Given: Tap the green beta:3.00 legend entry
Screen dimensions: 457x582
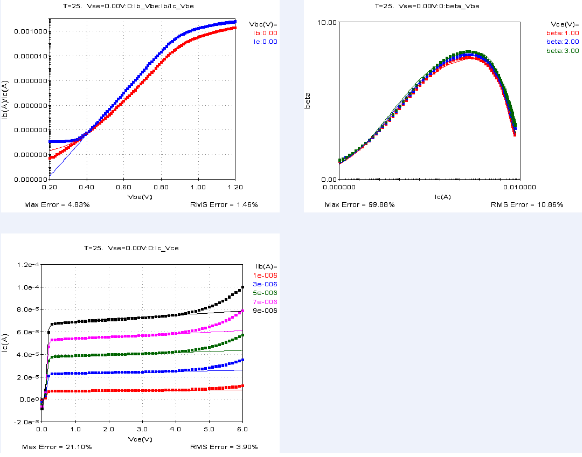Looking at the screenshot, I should click(x=563, y=51).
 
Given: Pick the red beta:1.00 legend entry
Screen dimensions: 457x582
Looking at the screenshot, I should click(x=563, y=33).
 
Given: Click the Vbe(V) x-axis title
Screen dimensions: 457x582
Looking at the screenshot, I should click(x=142, y=196).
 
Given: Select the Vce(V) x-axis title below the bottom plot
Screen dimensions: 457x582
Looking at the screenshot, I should click(x=142, y=439).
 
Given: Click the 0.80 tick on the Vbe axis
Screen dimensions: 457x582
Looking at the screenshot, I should click(x=161, y=187).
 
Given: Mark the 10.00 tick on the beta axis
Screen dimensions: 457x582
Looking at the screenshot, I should click(x=327, y=22).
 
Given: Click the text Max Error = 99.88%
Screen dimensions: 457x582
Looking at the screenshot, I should click(x=359, y=205).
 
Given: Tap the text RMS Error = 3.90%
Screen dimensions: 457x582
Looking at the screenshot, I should click(x=224, y=447).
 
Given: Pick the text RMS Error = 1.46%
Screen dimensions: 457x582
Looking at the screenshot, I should click(x=224, y=205).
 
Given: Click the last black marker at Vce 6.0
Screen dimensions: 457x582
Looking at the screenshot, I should click(x=242, y=287).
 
